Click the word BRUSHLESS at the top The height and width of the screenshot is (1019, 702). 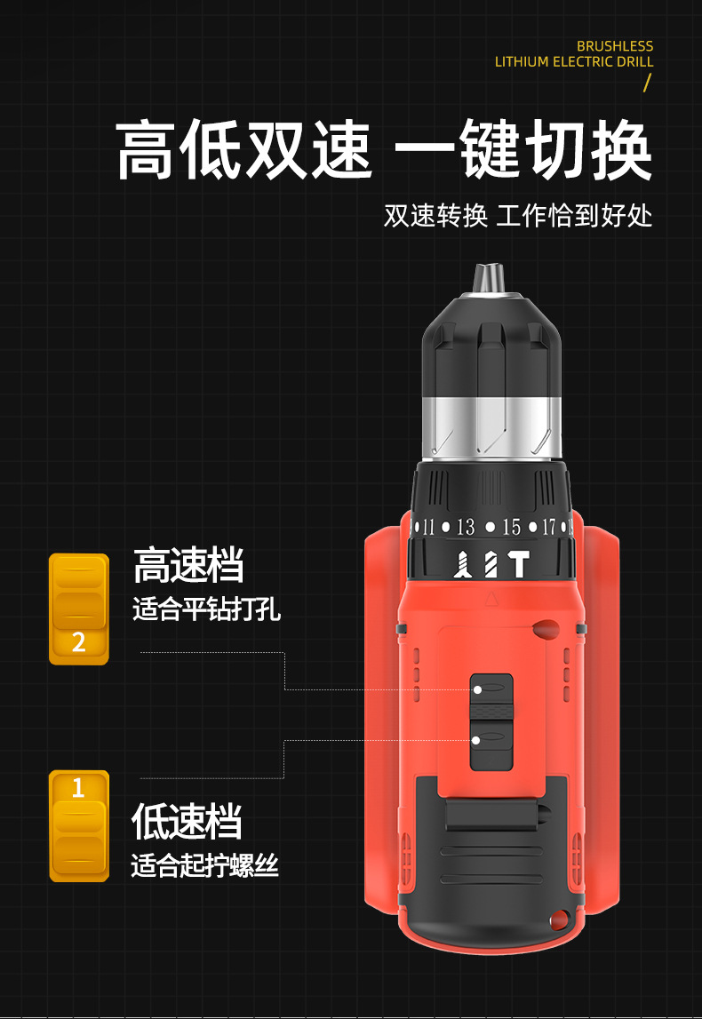[x=615, y=46]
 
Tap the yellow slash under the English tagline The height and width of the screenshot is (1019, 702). [x=647, y=83]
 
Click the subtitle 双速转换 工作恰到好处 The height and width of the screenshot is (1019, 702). [x=518, y=216]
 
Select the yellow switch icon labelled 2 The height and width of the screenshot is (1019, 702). [x=79, y=609]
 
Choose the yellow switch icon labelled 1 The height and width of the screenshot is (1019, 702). [x=79, y=826]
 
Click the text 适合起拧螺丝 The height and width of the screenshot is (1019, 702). [x=205, y=865]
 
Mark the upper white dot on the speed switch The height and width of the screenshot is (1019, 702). [x=478, y=689]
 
